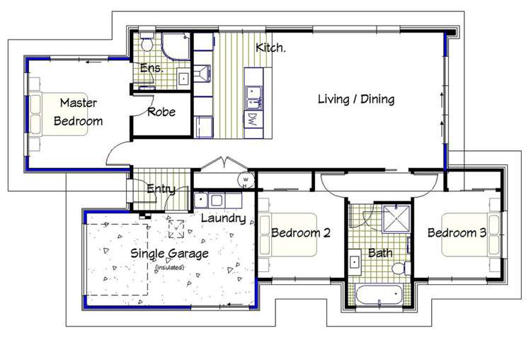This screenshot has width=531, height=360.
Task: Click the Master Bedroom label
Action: pos(78,112)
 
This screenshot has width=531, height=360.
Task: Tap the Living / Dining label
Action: pos(356,99)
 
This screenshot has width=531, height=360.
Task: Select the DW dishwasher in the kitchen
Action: pos(253,120)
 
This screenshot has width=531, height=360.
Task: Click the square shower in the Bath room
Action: pos(396,218)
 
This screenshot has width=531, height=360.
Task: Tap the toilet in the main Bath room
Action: pos(402,269)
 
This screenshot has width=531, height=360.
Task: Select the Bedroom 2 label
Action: pos(301,233)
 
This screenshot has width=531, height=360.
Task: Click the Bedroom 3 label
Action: pos(457,232)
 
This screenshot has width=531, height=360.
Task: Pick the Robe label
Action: pos(161,111)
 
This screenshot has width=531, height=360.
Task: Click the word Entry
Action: pos(161,189)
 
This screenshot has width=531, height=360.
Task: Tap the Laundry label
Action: pos(224,218)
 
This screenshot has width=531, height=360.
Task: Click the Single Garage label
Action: pos(169,254)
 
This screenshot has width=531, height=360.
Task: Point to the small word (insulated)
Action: pos(169,267)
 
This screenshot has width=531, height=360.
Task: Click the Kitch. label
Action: pos(270,47)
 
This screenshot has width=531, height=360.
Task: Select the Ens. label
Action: pos(152,68)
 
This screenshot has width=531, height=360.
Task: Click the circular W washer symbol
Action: pos(246,180)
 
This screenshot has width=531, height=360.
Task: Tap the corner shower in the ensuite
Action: pos(176,47)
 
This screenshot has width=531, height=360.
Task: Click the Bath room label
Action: pos(380,253)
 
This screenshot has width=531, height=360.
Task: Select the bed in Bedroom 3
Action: pos(471,235)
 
